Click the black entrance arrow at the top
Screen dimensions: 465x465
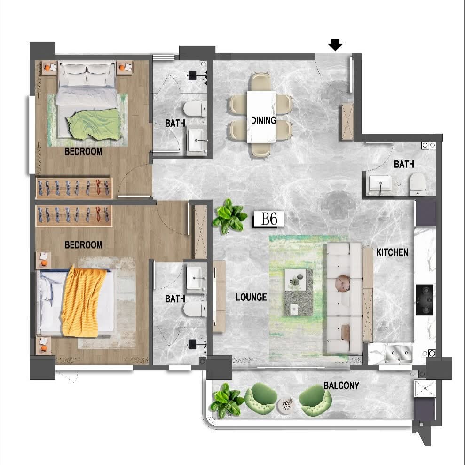tap(335, 45)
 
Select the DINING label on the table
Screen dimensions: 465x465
tap(263, 120)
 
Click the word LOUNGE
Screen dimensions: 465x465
tap(251, 297)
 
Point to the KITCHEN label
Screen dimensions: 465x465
tap(392, 252)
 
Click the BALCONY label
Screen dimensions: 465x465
tap(341, 386)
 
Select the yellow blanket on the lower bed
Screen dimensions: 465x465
tap(83, 302)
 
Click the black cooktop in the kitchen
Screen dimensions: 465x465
tap(425, 300)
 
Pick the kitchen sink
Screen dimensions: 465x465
tap(398, 354)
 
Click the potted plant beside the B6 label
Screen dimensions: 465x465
tap(230, 216)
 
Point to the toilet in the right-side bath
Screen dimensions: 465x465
tap(418, 184)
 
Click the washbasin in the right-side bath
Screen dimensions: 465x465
tap(380, 184)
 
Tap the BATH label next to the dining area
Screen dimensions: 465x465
tap(175, 123)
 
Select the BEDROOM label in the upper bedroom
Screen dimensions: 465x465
tap(83, 151)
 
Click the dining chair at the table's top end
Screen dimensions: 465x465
tap(260, 81)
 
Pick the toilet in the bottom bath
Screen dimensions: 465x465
tap(195, 309)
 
